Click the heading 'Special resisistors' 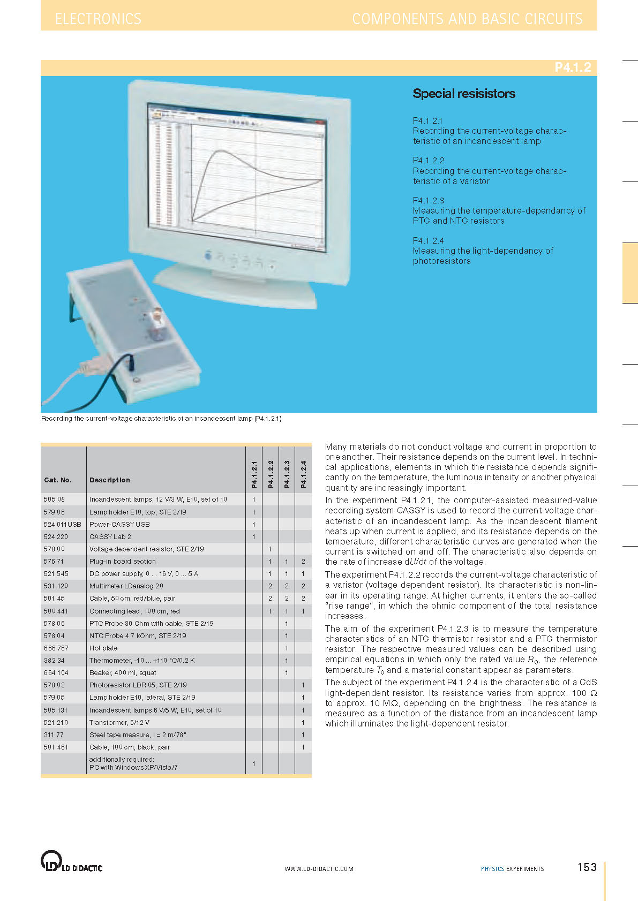click(463, 94)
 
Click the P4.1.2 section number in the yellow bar click(572, 67)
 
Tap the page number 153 click(587, 867)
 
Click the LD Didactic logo click(71, 862)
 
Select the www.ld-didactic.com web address click(319, 869)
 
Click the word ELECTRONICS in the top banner click(99, 19)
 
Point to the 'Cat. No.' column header click(58, 480)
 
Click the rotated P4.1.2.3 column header click(287, 474)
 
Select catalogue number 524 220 click(56, 536)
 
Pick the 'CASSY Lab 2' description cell click(110, 536)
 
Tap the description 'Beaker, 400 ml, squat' click(123, 672)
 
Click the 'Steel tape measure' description click(138, 735)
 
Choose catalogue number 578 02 click(54, 685)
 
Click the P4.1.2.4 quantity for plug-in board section click(303, 562)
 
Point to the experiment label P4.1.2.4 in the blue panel click(428, 241)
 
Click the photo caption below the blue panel click(161, 419)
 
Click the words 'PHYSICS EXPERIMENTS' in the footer click(512, 869)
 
